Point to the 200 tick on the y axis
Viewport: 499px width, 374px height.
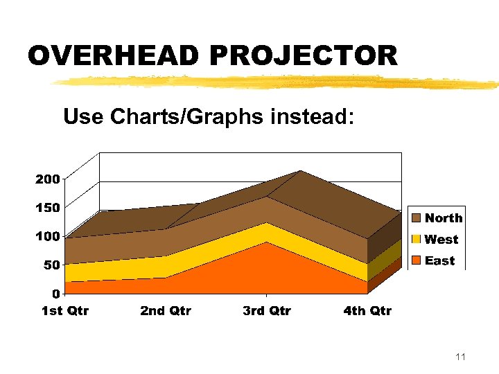point(47,179)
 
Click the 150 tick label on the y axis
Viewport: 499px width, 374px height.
point(47,207)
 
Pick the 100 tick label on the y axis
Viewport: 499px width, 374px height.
point(47,236)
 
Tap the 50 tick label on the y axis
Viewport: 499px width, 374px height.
point(50,265)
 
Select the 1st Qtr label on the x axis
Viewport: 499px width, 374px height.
point(65,311)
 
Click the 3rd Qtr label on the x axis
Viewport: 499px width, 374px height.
point(267,311)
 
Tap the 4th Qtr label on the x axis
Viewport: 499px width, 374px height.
point(367,311)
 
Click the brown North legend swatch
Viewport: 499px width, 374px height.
point(416,218)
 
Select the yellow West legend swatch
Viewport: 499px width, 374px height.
point(416,240)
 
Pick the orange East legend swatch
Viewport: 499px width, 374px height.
point(416,261)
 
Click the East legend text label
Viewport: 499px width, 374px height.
point(439,261)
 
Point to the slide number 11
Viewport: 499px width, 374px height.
point(460,357)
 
